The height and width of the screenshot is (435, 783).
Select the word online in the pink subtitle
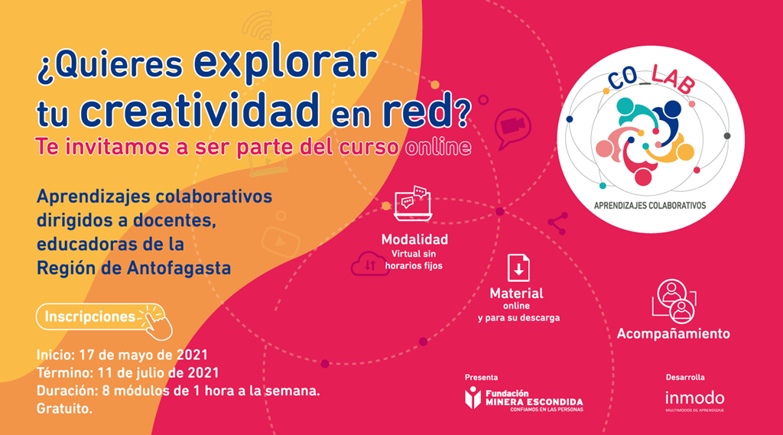click(x=438, y=147)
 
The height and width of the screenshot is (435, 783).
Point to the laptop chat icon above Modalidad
click(x=413, y=204)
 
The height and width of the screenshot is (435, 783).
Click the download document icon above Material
click(x=518, y=268)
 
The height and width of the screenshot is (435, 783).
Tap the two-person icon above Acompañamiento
click(x=674, y=300)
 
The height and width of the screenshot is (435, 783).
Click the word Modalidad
click(x=414, y=239)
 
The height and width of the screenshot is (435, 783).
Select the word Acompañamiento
click(x=673, y=333)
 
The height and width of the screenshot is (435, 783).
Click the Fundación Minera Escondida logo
click(x=523, y=398)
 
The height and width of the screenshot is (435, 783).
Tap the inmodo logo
click(x=694, y=401)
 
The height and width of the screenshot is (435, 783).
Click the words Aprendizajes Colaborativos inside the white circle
click(x=650, y=205)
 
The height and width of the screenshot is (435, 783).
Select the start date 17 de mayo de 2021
click(x=143, y=355)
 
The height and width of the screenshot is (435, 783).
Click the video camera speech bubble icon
click(x=512, y=128)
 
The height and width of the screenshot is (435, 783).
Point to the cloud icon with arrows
click(x=369, y=264)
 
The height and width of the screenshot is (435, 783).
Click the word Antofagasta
click(x=179, y=268)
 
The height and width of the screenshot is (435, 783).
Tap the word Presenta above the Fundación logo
click(x=481, y=377)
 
